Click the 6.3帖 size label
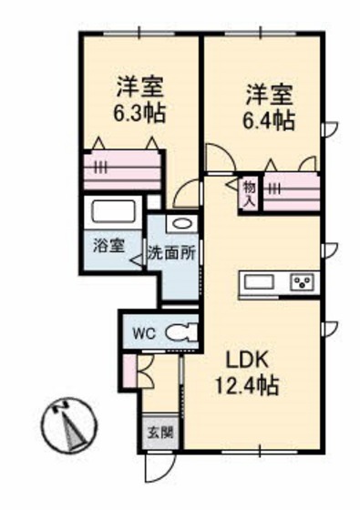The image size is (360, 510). [139, 113]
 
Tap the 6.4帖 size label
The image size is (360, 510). [269, 120]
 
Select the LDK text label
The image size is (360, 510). [247, 359]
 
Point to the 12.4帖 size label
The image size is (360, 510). [247, 385]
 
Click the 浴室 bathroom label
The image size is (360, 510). [109, 246]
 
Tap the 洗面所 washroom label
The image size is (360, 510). [172, 253]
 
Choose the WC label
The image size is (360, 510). [145, 333]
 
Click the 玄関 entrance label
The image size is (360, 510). [160, 433]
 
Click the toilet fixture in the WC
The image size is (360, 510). [182, 332]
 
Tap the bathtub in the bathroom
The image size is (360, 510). [114, 211]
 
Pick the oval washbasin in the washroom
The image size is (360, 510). [181, 224]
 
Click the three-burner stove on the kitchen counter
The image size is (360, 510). [303, 281]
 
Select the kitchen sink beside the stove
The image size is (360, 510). [259, 281]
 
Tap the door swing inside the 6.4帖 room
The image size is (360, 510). [221, 157]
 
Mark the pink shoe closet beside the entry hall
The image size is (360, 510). [130, 371]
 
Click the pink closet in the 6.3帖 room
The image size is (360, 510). [122, 169]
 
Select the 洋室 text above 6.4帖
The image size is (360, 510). [269, 95]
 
